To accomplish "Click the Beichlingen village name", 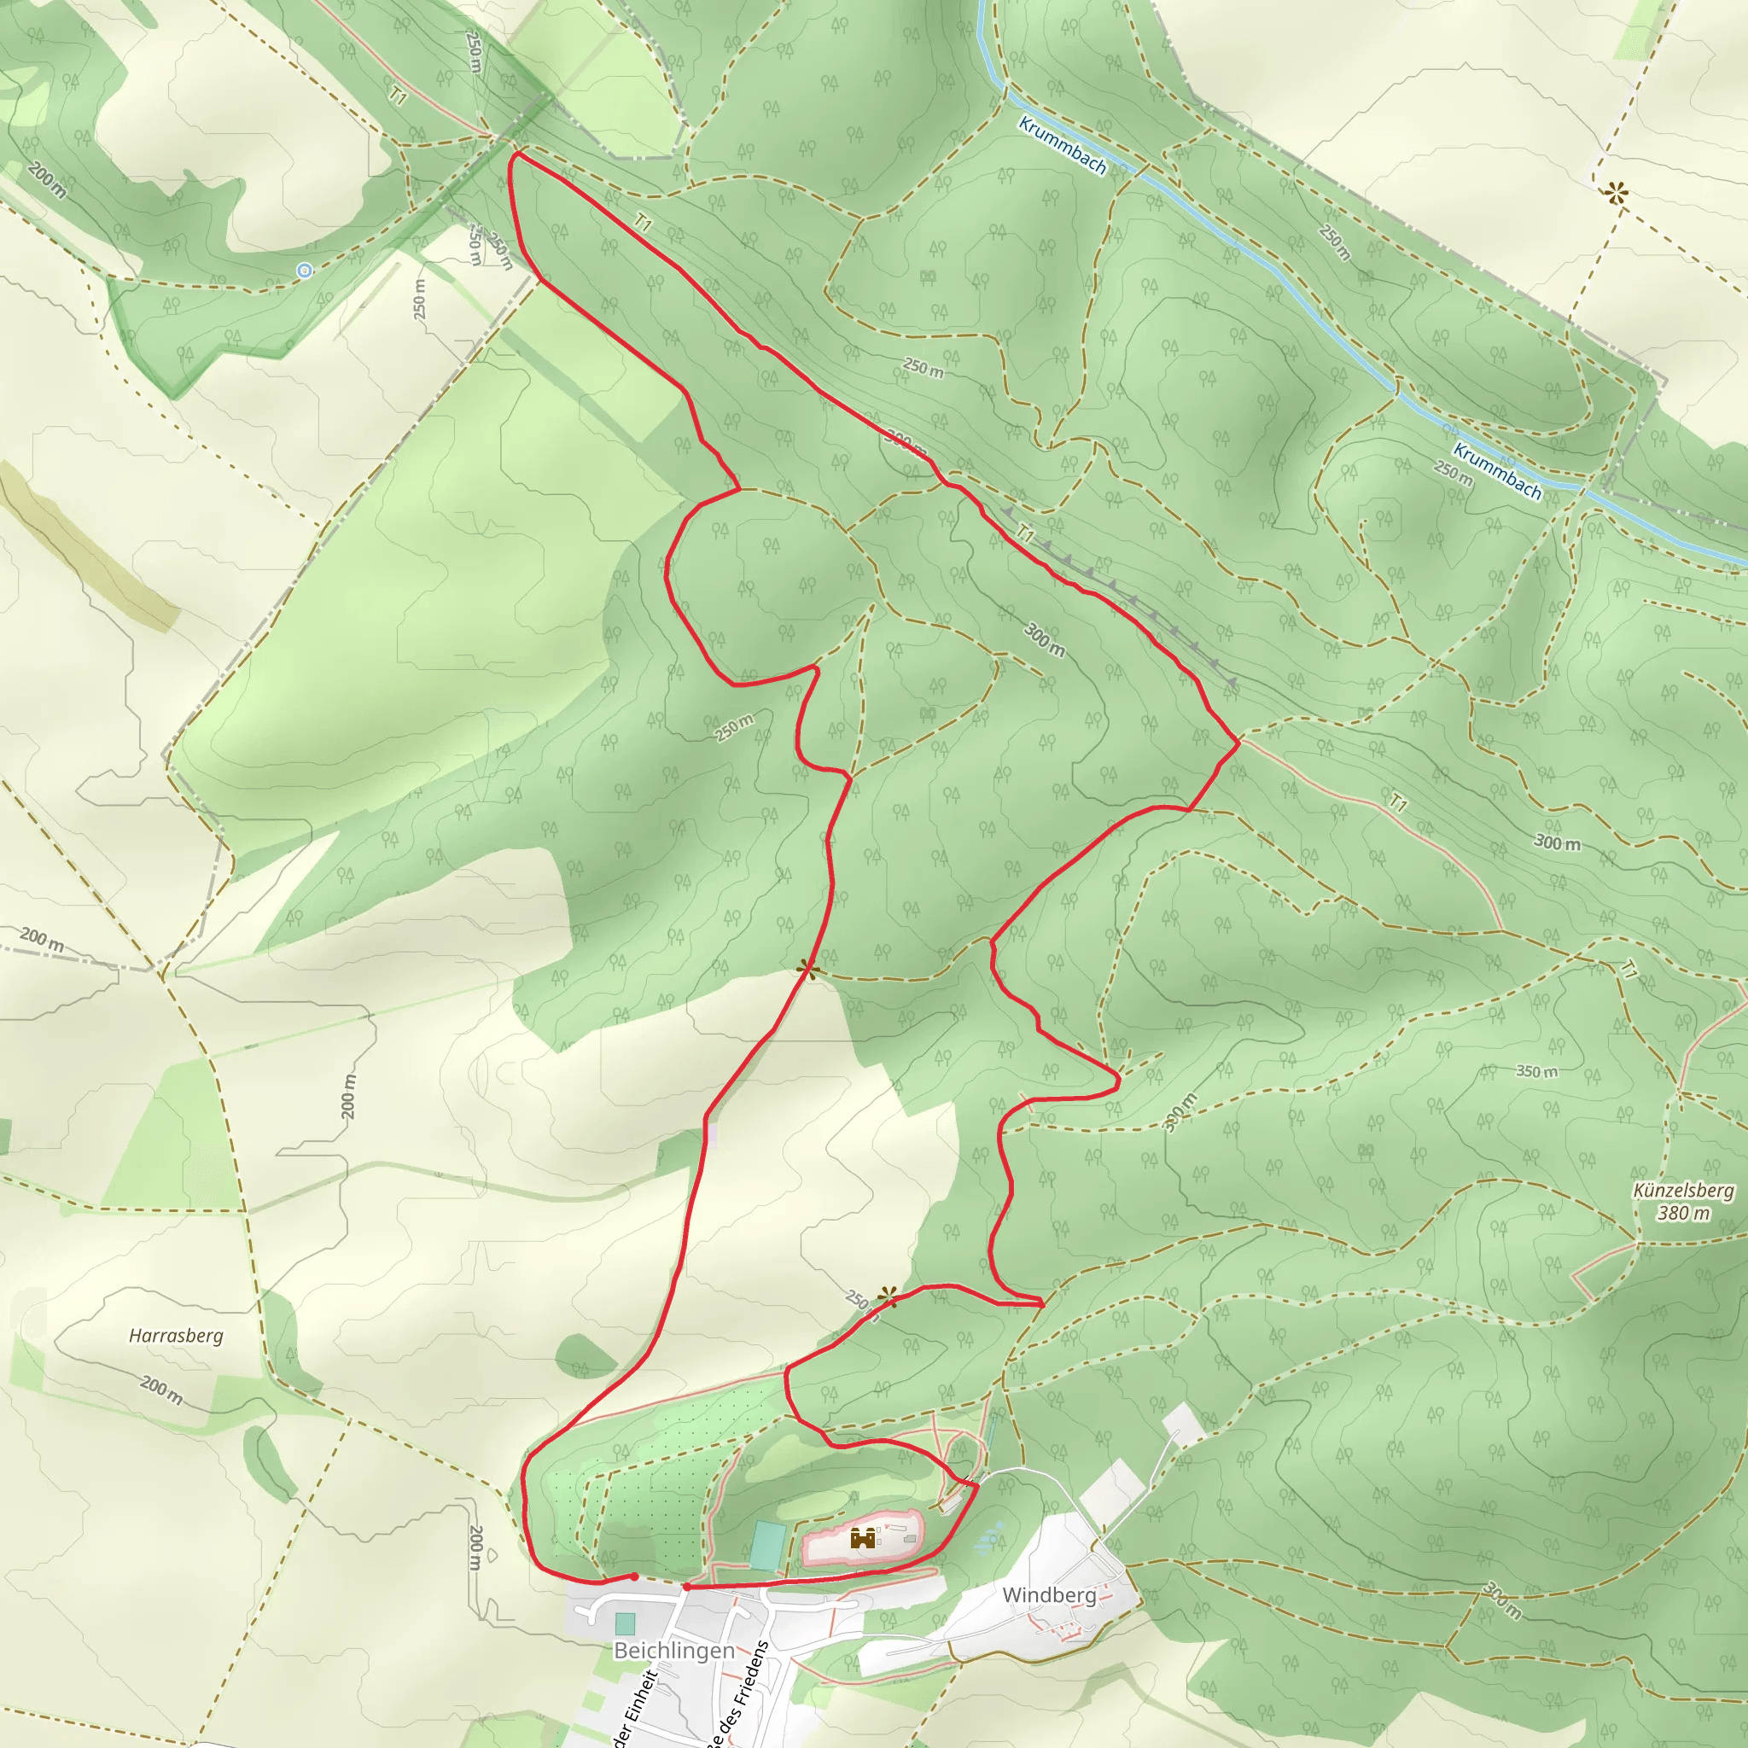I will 674,1651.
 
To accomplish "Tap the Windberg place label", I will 1049,1595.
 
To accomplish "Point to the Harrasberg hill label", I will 176,1336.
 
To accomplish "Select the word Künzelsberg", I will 1683,1190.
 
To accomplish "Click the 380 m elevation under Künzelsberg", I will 1683,1214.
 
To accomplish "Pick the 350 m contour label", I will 1536,1072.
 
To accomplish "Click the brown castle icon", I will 862,1537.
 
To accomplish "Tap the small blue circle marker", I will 305,271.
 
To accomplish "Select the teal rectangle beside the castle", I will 766,1546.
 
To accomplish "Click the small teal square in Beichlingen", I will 624,1623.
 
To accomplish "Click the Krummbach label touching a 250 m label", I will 1496,470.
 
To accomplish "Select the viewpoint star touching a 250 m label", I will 887,1297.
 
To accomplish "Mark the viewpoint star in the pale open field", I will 1617,193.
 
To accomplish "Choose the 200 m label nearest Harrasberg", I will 162,1390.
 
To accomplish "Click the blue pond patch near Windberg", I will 991,1537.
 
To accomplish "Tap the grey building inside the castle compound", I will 909,1538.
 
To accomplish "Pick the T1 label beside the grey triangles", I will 1024,533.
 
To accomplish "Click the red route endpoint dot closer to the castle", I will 688,1587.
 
